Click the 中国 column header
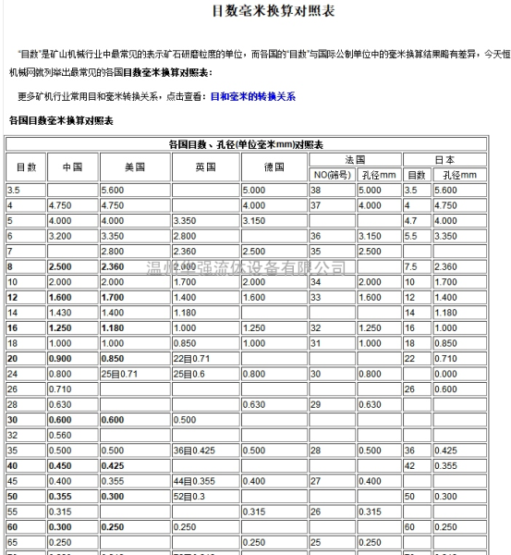pos(71,167)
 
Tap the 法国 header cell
pos(354,160)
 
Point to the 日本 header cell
pos(444,160)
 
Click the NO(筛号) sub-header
pos(331,175)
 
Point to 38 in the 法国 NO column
pos(316,190)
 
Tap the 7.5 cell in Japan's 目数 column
pos(412,266)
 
